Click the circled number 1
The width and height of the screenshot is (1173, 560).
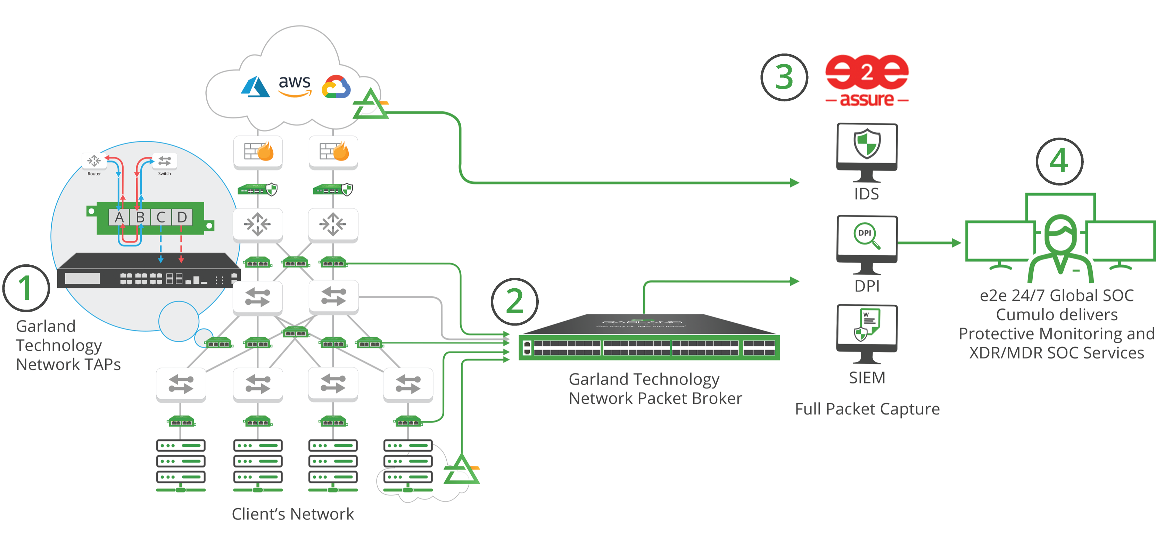coord(26,288)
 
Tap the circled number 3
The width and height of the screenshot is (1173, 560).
coord(784,77)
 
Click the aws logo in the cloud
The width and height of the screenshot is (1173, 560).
coord(295,85)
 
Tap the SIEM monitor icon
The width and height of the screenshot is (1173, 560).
coord(867,333)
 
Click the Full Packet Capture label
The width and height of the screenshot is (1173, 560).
coord(867,409)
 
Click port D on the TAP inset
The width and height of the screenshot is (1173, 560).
coord(182,217)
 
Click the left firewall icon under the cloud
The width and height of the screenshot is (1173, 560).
coord(258,151)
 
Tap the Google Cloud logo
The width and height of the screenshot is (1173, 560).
coord(336,87)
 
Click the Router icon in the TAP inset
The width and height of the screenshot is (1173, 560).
coord(94,161)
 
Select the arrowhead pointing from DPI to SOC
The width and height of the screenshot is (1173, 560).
coord(956,243)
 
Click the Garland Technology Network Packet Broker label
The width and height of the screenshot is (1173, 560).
coord(655,388)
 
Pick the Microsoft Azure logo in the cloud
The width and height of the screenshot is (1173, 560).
coord(255,87)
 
